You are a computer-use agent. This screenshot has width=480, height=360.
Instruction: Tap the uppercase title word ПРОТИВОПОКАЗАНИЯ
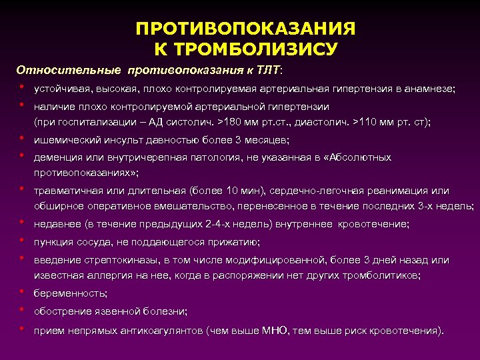coord(245,30)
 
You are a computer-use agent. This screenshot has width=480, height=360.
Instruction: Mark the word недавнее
coord(57,225)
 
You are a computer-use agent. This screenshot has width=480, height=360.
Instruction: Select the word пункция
coord(54,242)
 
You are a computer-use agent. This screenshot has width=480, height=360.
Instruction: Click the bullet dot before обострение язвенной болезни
coord(22,310)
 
